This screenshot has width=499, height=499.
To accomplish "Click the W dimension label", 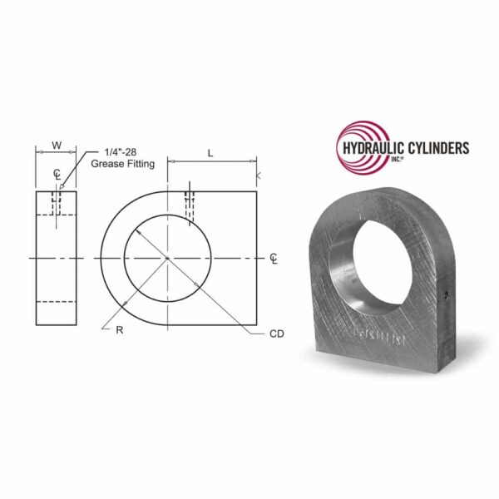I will [56, 145].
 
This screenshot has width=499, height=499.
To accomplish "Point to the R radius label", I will [119, 330].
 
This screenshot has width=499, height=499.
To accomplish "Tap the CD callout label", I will [277, 333].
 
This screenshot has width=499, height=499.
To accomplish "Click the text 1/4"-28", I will [120, 152].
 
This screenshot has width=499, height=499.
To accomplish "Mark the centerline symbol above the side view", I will [56, 174].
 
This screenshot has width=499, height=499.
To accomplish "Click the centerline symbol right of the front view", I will [274, 259].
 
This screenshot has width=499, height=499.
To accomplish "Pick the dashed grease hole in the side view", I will [57, 203].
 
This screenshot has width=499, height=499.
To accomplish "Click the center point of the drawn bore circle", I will [167, 259].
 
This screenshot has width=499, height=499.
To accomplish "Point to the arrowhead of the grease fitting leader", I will [62, 188].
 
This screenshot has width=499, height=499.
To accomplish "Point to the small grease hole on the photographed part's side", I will [447, 294].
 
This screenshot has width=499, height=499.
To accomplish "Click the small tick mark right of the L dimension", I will [259, 175].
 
